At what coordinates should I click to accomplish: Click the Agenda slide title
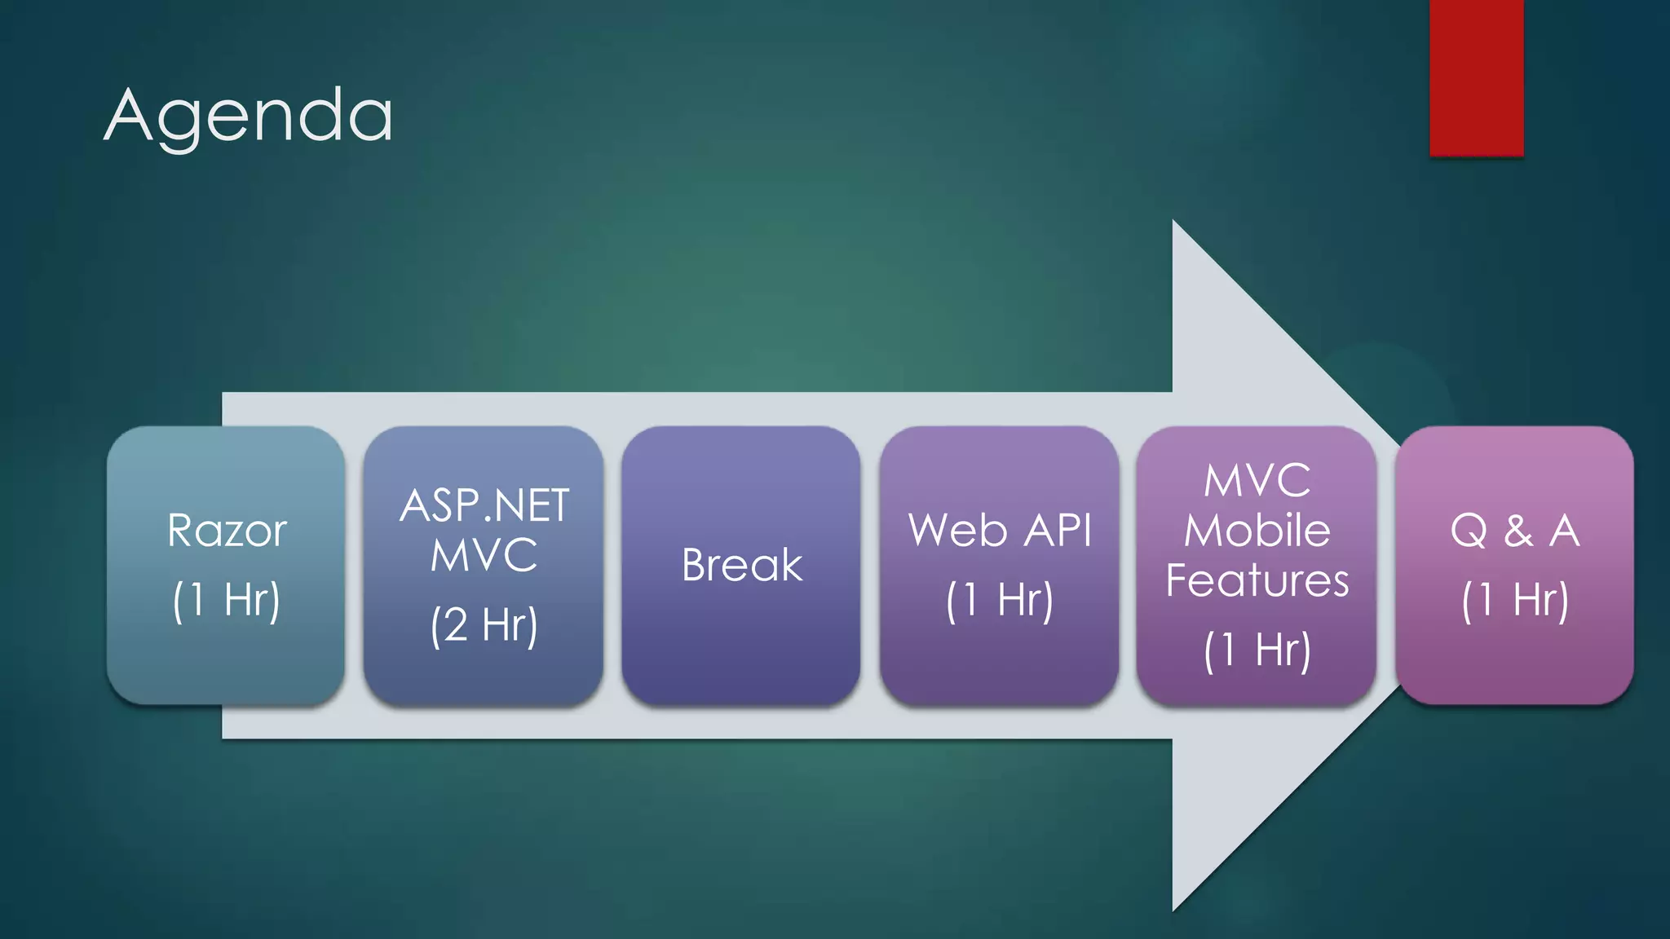[x=249, y=117]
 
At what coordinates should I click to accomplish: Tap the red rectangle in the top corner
[x=1476, y=77]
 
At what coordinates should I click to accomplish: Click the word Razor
[x=227, y=531]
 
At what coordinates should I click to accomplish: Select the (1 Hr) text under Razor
[x=227, y=600]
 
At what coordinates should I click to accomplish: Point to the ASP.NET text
[x=484, y=505]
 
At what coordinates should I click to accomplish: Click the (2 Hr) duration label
[x=484, y=625]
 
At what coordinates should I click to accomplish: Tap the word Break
[x=741, y=565]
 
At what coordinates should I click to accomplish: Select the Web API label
[x=1000, y=531]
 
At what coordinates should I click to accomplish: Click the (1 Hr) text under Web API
[x=1000, y=600]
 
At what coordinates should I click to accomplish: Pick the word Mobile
[x=1257, y=531]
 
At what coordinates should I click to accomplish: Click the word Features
[x=1257, y=580]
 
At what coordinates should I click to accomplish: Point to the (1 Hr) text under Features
[x=1257, y=650]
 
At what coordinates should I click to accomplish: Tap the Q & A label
[x=1515, y=531]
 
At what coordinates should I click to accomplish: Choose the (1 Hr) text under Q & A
[x=1515, y=600]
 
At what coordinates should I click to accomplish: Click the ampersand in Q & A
[x=1518, y=531]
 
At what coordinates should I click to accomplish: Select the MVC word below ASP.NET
[x=484, y=556]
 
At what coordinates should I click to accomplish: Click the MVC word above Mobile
[x=1257, y=481]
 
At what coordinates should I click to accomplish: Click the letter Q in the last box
[x=1469, y=531]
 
